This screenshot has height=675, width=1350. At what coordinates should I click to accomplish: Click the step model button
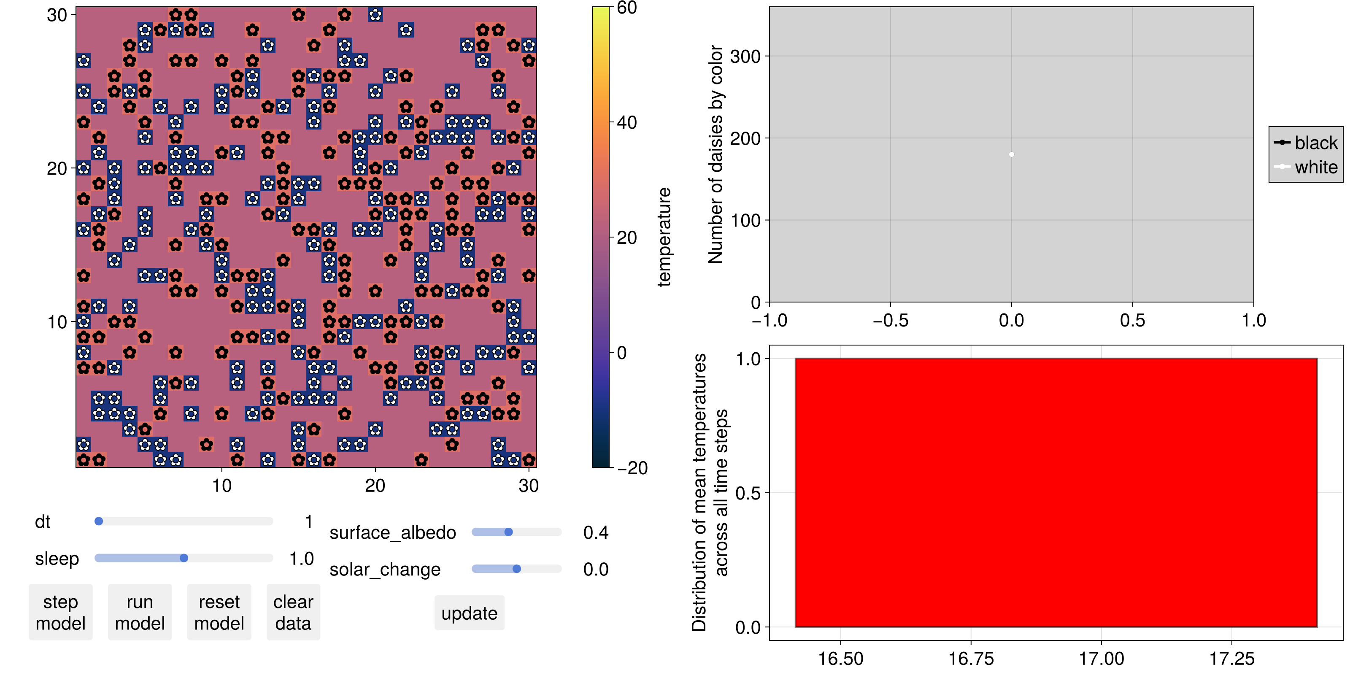click(60, 612)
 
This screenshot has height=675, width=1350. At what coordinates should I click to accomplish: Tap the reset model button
click(219, 612)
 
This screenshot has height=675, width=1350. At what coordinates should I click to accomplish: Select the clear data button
click(293, 612)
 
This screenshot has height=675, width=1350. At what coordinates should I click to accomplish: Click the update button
click(469, 613)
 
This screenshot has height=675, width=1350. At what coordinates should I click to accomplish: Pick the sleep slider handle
click(184, 558)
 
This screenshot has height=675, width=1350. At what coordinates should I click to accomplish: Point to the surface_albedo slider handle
click(508, 532)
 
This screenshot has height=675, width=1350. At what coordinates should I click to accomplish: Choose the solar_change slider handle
click(517, 569)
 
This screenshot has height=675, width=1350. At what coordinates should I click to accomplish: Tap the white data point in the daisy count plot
click(1012, 154)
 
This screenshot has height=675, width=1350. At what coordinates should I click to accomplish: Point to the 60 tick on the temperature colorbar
click(627, 8)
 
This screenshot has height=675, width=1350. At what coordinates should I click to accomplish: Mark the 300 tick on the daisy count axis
click(745, 56)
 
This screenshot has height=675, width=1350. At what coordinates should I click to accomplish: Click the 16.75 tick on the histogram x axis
click(971, 658)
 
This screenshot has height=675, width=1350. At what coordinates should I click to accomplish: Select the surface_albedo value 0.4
click(596, 532)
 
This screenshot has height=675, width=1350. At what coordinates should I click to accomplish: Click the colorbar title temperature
click(664, 237)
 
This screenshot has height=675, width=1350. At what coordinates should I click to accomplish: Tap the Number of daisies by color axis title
click(716, 154)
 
